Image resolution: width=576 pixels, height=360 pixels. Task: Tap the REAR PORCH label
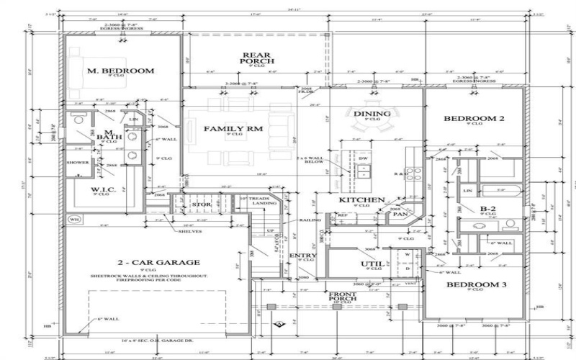point(256,58)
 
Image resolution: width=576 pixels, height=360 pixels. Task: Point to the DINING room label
point(372,113)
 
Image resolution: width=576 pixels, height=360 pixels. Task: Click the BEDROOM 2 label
point(472,118)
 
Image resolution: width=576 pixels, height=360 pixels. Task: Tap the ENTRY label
point(302,256)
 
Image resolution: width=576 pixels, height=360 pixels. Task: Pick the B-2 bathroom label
point(487,209)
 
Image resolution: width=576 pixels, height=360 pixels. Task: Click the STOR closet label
point(201,205)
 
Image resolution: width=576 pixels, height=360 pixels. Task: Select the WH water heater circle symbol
point(73,218)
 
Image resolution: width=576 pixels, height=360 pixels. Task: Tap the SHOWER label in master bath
point(78,163)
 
